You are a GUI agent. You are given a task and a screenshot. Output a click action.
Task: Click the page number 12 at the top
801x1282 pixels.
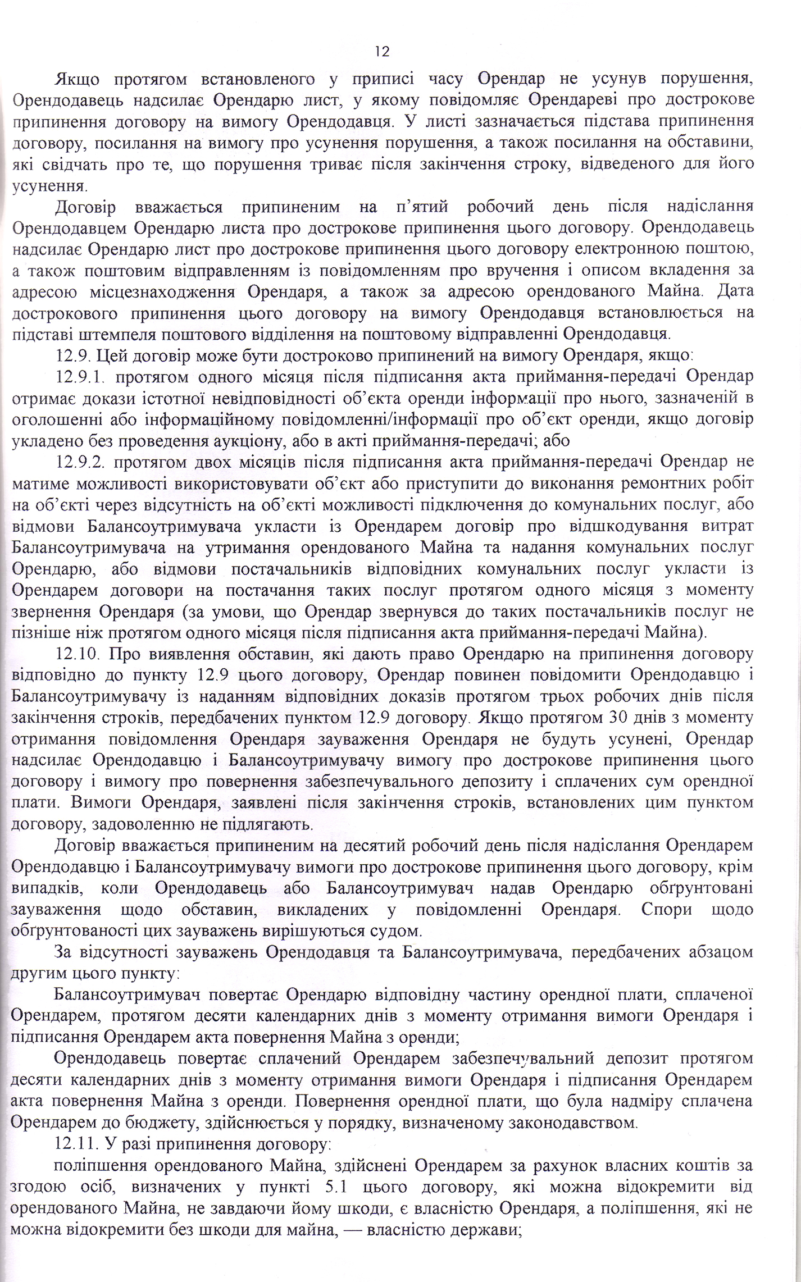click(x=381, y=52)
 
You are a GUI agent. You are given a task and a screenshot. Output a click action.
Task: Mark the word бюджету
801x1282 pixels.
click(x=151, y=1106)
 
